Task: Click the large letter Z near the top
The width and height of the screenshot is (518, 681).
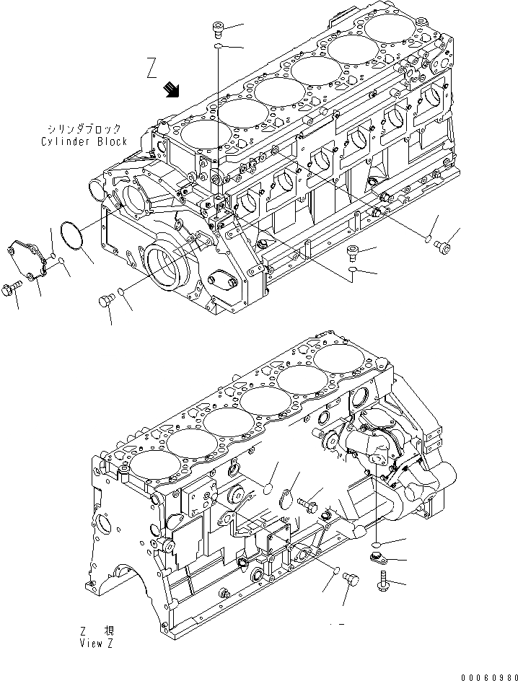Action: pyautogui.click(x=151, y=69)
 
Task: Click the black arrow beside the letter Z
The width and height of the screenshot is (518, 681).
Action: pyautogui.click(x=172, y=89)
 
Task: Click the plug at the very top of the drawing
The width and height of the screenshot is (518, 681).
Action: pyautogui.click(x=217, y=30)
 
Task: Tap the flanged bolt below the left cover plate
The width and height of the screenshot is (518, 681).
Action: pyautogui.click(x=14, y=290)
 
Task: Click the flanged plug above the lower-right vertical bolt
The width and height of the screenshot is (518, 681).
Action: pyautogui.click(x=375, y=555)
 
